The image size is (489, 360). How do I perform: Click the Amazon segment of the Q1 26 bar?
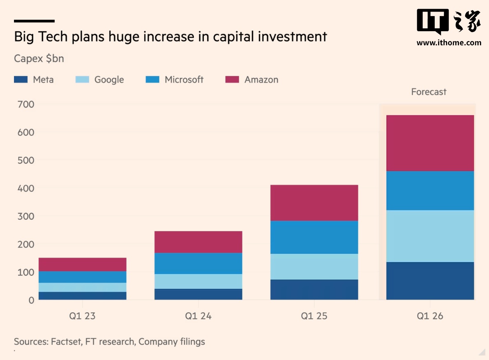coord(430,143)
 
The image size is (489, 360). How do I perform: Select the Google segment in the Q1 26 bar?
coord(430,236)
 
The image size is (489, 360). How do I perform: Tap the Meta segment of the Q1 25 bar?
coord(314,289)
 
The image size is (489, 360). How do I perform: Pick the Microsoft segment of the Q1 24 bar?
coord(198,263)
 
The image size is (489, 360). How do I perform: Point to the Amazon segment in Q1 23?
coord(82,264)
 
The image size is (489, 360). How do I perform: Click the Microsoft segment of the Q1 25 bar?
coord(314,237)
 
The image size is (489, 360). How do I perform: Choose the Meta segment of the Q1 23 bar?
coord(82,295)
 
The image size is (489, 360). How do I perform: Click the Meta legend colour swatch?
coord(21,80)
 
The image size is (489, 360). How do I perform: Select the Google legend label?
coord(109,80)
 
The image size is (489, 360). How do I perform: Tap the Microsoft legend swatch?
coord(152,80)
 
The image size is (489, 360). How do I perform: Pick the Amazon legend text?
coord(261,80)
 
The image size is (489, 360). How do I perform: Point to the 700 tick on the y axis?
coord(25,104)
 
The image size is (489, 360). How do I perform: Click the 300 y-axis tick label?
coord(25,216)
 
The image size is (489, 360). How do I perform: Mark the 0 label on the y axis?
coord(31,300)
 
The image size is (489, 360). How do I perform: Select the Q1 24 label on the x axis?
coord(198,316)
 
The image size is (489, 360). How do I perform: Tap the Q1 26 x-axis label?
coord(430,316)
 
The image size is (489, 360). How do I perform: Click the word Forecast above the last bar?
coord(429,92)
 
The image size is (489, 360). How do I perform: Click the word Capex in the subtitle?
coord(28,59)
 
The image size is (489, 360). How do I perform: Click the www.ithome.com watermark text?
coord(449,42)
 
